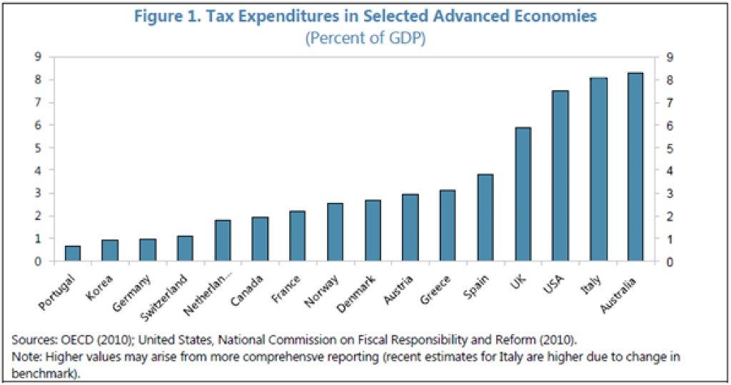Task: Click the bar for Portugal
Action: click(73, 254)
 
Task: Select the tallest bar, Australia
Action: click(635, 167)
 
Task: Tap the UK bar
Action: click(523, 194)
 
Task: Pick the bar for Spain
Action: click(485, 218)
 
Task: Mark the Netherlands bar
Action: click(223, 241)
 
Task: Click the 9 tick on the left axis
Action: click(38, 57)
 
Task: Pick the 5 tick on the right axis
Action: click(670, 148)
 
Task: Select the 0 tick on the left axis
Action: click(38, 261)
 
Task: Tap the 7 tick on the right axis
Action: click(670, 103)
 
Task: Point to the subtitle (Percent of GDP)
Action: click(365, 39)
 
